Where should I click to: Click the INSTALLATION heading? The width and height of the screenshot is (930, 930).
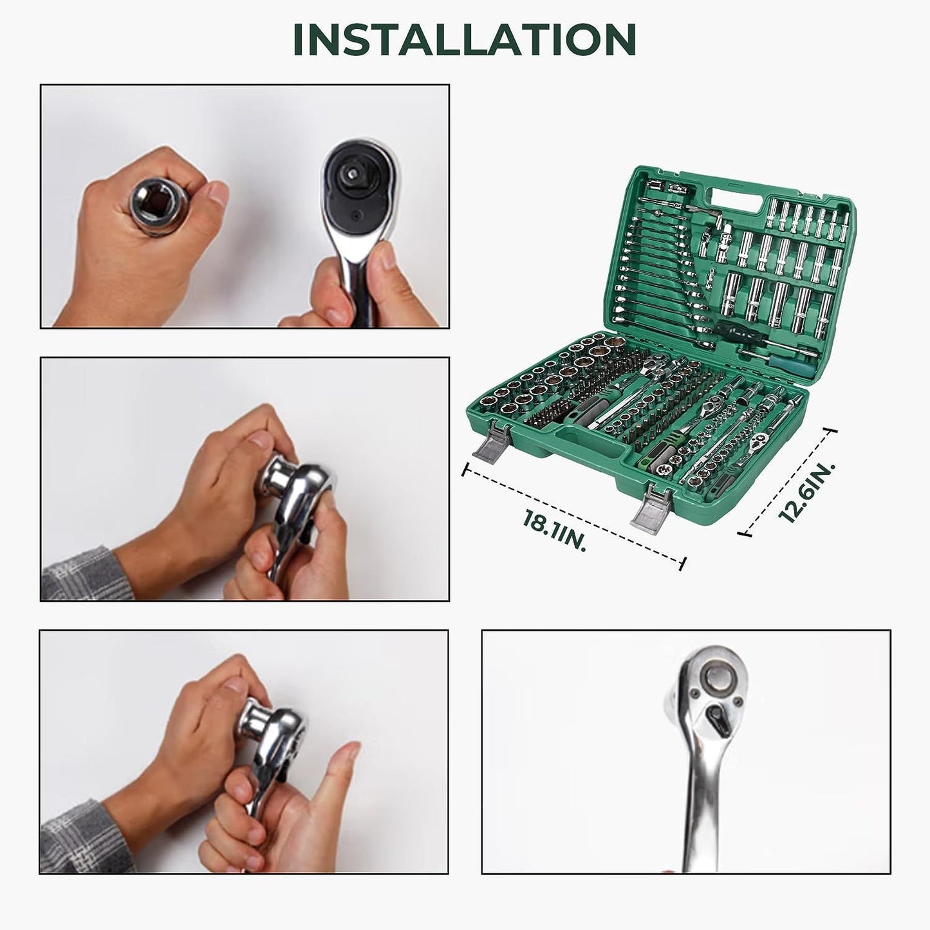(464, 40)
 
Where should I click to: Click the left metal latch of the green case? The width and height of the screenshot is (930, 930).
(489, 441)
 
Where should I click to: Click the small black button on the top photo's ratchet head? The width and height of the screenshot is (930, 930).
(356, 214)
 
